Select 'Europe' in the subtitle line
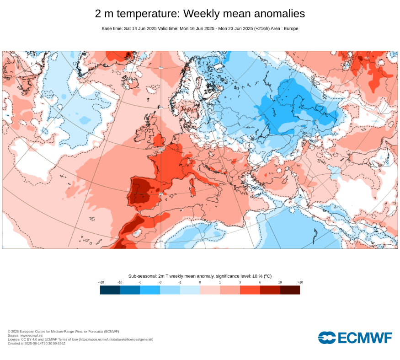click(x=291, y=28)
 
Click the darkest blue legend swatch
click(x=110, y=290)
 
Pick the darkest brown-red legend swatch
click(x=290, y=290)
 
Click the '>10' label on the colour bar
click(x=300, y=282)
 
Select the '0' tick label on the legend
click(x=200, y=282)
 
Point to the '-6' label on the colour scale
click(x=140, y=282)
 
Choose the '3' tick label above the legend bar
click(x=240, y=282)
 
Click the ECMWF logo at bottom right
click(x=355, y=338)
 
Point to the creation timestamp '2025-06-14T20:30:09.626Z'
click(x=44, y=343)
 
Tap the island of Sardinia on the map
click(x=192, y=187)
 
